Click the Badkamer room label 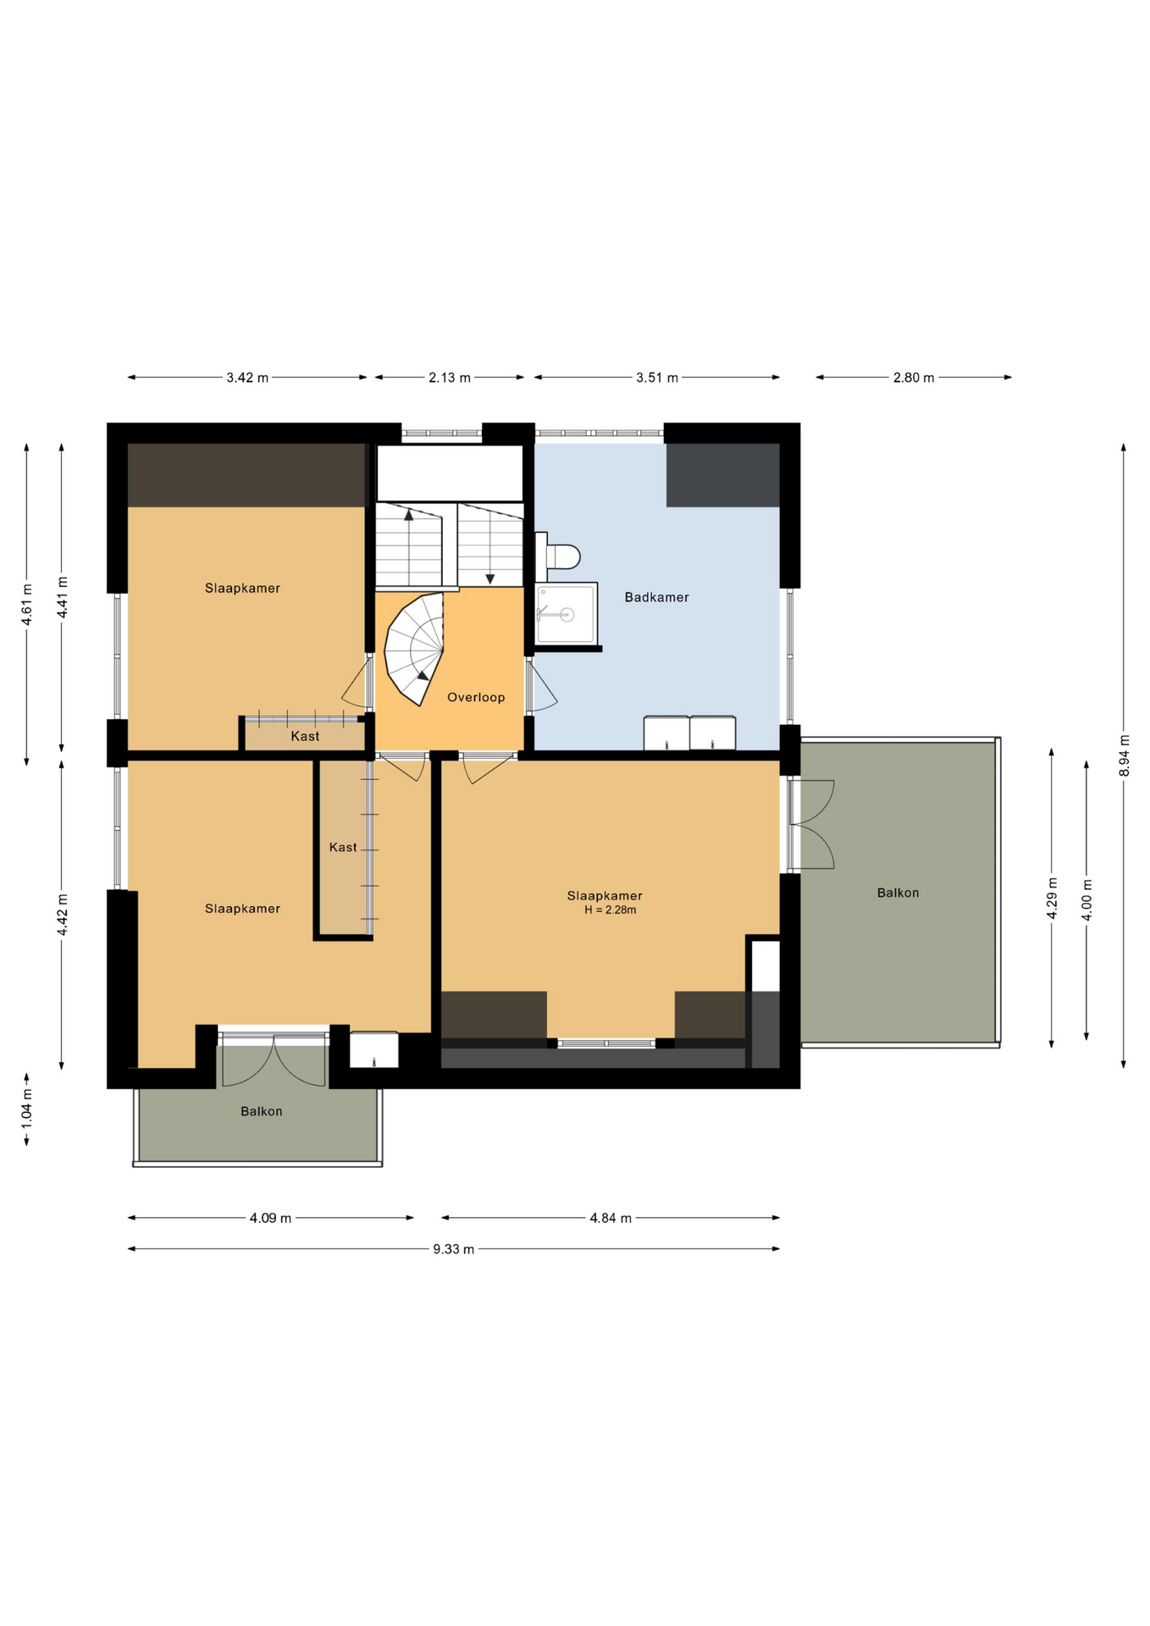pyautogui.click(x=656, y=597)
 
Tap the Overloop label pyautogui.click(x=476, y=697)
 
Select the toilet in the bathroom pyautogui.click(x=558, y=556)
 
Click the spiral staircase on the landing pyautogui.click(x=414, y=649)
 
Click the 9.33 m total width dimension pyautogui.click(x=453, y=1249)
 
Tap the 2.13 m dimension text pyautogui.click(x=449, y=378)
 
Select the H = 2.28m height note pyautogui.click(x=610, y=910)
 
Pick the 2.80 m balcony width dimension pyautogui.click(x=914, y=378)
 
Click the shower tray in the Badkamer pyautogui.click(x=566, y=614)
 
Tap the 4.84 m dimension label pyautogui.click(x=611, y=1219)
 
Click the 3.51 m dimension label pyautogui.click(x=657, y=378)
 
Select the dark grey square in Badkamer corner pyautogui.click(x=722, y=475)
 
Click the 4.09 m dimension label pyautogui.click(x=270, y=1219)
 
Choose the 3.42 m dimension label pyautogui.click(x=247, y=378)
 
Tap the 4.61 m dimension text pyautogui.click(x=27, y=605)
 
